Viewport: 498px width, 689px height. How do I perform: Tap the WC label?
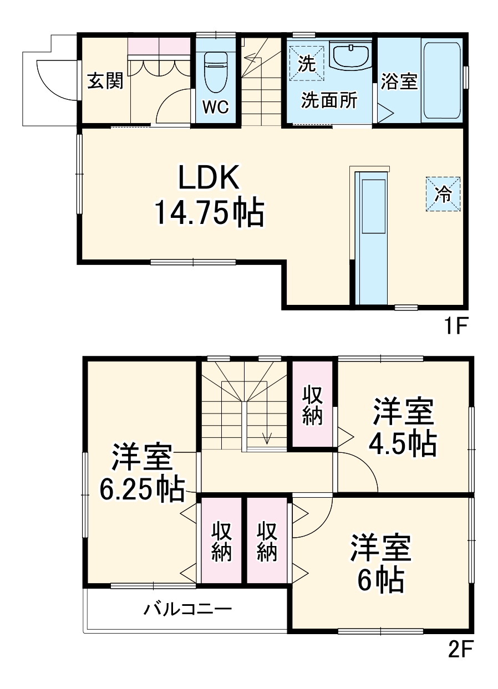point(215,107)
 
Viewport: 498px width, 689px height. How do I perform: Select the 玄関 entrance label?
point(105,81)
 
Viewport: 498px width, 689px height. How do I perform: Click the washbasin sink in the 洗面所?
point(350,55)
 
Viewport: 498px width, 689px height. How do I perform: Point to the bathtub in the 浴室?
point(441,80)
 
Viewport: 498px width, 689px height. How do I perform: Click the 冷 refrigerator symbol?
point(443,194)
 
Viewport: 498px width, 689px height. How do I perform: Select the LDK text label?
point(208,178)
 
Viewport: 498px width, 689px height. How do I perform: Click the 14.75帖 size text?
point(208,213)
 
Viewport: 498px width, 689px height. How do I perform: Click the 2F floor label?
point(460,647)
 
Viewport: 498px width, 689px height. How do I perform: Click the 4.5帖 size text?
point(403,443)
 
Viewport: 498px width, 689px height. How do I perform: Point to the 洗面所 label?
point(329,100)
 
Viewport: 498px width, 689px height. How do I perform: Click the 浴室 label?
point(399,81)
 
